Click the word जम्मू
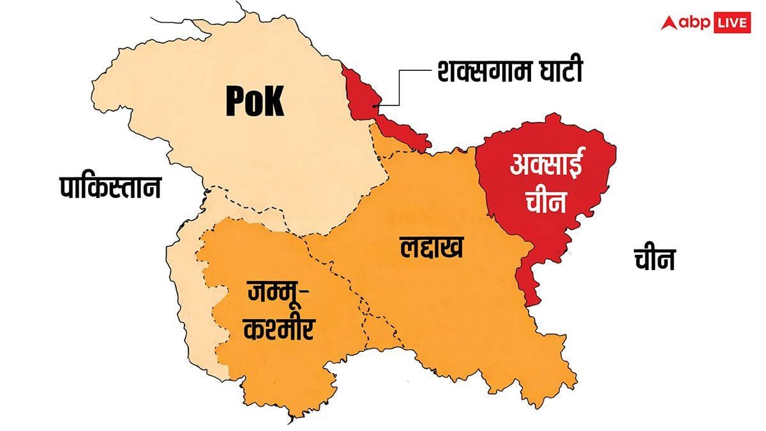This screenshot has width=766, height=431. (x=272, y=296)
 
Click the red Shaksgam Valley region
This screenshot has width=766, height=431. (x=359, y=89)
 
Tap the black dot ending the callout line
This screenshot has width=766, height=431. (x=376, y=103)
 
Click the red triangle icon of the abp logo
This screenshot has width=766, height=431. (x=668, y=23)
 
